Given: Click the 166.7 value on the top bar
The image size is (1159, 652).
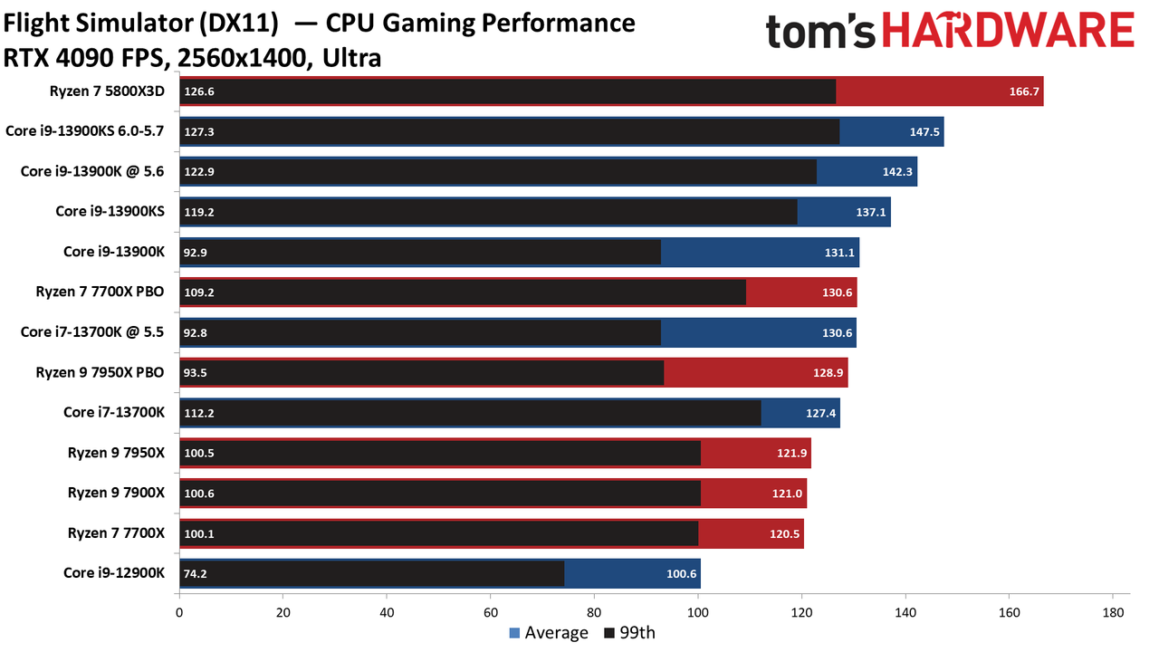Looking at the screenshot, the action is coord(1024,91).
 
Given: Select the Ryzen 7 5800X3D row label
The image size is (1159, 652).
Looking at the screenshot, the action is coord(107,91).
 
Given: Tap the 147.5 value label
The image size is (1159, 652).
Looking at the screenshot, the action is coord(924,132).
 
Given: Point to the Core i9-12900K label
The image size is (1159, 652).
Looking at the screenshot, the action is coord(114,573).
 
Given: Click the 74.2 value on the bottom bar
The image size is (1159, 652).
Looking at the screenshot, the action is coord(195,574).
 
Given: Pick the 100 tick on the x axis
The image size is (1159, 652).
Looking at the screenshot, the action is coord(698,613).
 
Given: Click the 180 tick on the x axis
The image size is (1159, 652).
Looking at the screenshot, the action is coord(1113,613).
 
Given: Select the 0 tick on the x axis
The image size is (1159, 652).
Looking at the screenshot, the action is coord(179,613).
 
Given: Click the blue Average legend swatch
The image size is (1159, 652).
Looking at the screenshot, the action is coord(514,633).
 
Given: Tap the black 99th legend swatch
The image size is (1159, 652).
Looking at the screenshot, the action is coord(609,633).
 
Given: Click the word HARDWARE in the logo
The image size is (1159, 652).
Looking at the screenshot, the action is coord(1009,30).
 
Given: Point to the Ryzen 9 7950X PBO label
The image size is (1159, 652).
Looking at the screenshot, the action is coord(100,372).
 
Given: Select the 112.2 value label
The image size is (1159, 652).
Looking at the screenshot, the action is coord(199,413).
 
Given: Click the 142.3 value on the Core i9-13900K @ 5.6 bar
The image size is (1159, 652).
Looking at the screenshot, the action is coord(897,172).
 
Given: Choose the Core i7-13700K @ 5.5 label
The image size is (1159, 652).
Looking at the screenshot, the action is coord(92,332).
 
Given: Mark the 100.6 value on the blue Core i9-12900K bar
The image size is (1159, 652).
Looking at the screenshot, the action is coord(682,574).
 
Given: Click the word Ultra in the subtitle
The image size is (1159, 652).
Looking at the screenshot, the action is coord(352,58).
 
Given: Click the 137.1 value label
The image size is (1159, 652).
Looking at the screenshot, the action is coord(871,212).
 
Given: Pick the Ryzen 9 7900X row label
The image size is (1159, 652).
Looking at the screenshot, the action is coord(116,493).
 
